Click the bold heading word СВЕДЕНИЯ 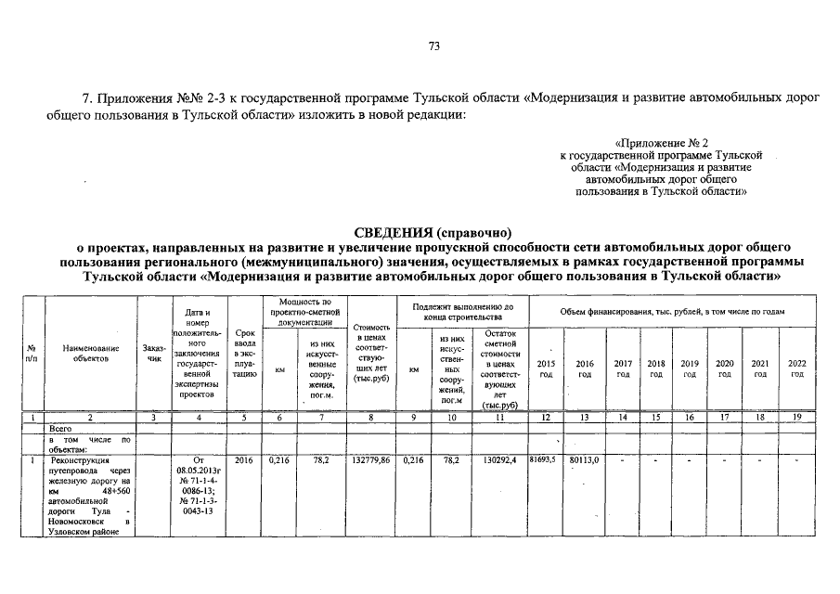tap(394, 232)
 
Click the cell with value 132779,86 tap(371, 459)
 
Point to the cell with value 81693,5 tap(547, 459)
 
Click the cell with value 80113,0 tap(585, 459)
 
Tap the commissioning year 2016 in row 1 tap(244, 459)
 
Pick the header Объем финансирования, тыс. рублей tap(672, 311)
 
